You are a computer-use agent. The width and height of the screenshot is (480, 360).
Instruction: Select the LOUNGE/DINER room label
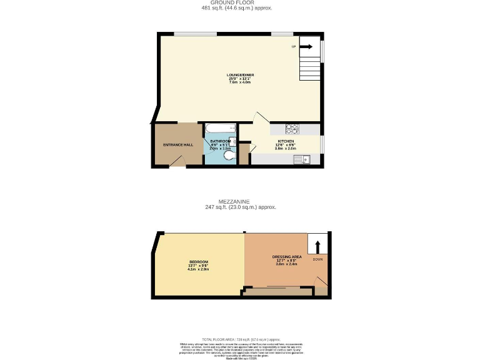click(239, 75)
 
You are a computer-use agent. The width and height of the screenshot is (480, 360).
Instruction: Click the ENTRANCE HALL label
click(177, 145)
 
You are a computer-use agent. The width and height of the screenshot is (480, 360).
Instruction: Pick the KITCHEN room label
click(286, 142)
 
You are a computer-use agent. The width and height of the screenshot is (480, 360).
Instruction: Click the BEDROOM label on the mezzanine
click(198, 262)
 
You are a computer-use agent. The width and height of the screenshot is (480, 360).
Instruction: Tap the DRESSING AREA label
click(287, 257)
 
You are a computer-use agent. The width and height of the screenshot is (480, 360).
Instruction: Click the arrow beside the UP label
click(306, 46)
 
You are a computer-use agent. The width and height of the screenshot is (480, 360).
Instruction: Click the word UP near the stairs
click(293, 47)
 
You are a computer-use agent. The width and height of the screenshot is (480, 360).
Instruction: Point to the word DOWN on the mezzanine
click(317, 258)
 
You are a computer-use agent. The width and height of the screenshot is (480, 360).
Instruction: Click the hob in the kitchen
click(292, 129)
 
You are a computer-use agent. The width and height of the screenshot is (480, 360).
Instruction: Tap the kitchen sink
click(306, 160)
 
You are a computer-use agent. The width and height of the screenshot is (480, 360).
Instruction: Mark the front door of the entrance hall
click(178, 162)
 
